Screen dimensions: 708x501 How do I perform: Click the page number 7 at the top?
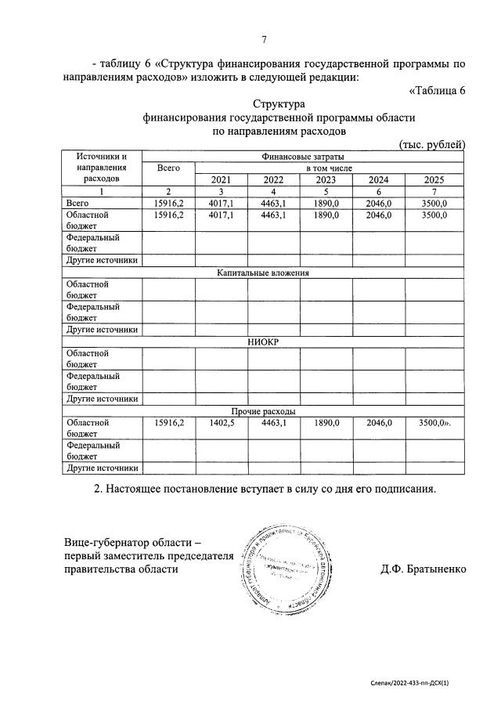point(265,40)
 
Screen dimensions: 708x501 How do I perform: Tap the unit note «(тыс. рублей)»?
point(432,145)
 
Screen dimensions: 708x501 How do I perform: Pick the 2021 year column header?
point(221,179)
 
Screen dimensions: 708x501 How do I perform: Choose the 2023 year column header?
point(326,179)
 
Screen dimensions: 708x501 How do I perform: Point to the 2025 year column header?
point(433,179)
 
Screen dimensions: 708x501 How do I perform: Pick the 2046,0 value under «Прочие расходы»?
point(379,422)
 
